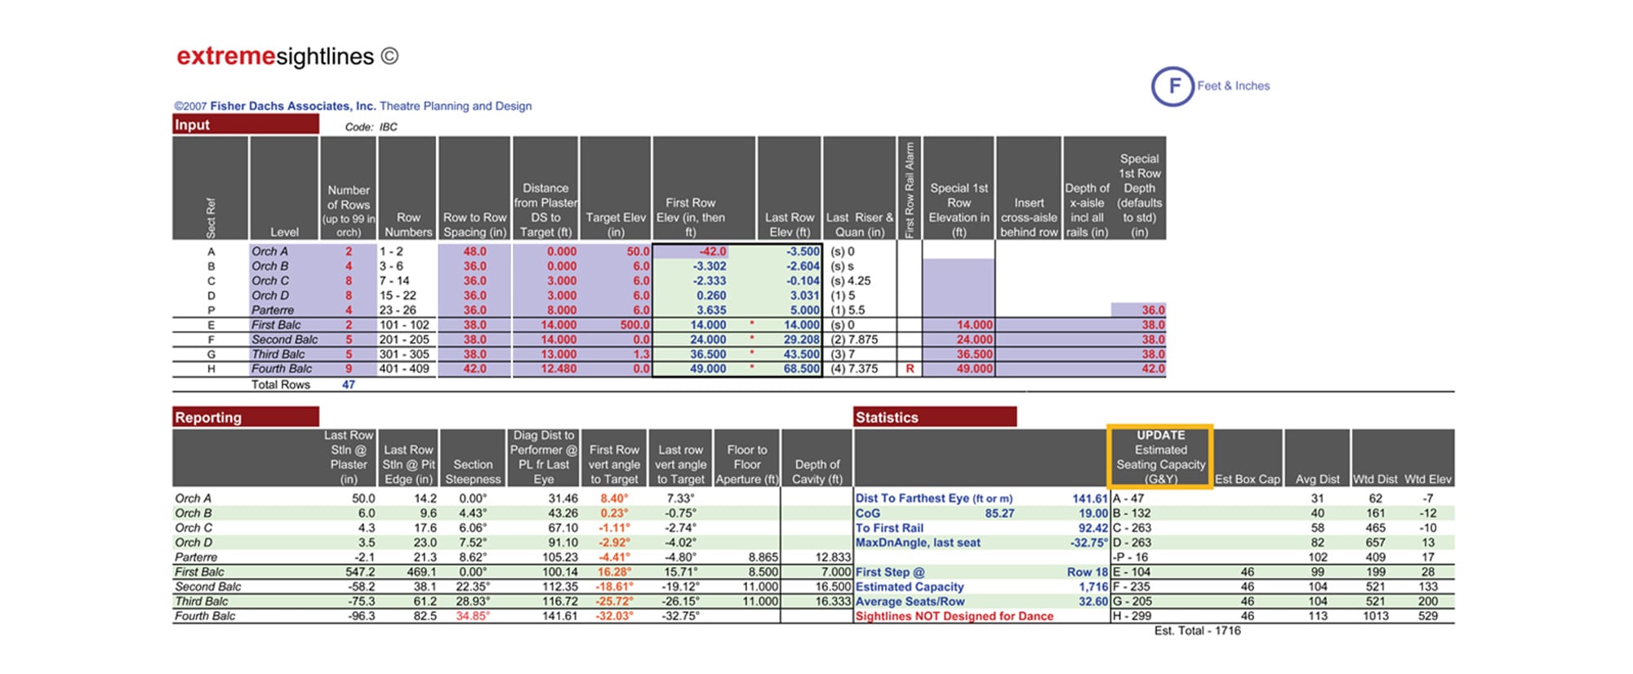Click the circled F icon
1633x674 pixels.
[x=1172, y=86]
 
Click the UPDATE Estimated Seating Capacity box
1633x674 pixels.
[x=1159, y=457]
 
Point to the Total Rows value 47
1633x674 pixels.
[x=349, y=384]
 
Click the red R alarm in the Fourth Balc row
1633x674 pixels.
[x=909, y=369]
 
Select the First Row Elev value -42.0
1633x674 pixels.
[x=713, y=251]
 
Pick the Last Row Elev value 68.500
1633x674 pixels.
[x=802, y=369]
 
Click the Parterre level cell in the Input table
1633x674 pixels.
[x=273, y=310]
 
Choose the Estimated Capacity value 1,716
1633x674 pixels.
[x=1092, y=587]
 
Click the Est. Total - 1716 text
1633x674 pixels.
[x=1197, y=631]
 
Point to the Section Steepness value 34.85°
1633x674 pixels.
[x=473, y=616]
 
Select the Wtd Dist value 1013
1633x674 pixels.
[x=1375, y=616]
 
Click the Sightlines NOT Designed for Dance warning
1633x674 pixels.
[x=954, y=616]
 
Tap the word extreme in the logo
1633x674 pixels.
[x=225, y=56]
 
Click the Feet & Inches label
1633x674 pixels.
[x=1233, y=86]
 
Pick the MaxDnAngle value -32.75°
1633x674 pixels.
[x=1089, y=543]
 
